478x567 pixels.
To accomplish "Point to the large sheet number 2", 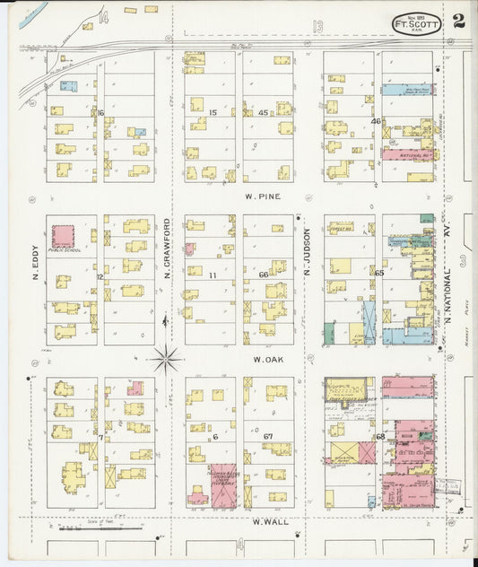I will (458, 22).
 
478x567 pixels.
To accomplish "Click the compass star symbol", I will (166, 360).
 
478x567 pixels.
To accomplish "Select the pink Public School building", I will (63, 237).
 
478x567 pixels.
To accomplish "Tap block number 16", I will (101, 112).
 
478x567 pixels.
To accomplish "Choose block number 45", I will (263, 112).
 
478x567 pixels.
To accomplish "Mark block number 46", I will (376, 120).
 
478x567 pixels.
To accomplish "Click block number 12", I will (100, 276).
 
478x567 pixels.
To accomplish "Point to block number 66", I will (264, 275).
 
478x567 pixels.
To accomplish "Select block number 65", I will (379, 272).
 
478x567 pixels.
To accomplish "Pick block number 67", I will (267, 436).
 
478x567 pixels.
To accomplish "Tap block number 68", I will (379, 436).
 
